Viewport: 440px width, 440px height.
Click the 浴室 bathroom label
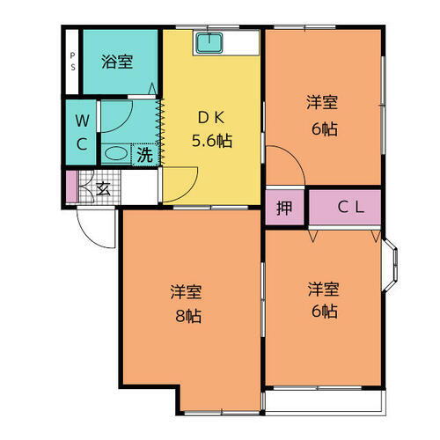click(116, 62)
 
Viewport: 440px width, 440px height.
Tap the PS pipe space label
click(72, 62)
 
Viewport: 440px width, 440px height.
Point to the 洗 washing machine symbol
click(143, 155)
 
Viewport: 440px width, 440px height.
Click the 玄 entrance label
click(102, 187)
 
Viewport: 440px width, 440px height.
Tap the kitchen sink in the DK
click(209, 43)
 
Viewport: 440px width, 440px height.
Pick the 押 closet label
click(284, 208)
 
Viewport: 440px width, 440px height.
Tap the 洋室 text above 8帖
click(187, 292)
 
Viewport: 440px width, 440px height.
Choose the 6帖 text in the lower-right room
click(323, 310)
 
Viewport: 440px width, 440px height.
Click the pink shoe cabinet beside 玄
click(71, 187)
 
